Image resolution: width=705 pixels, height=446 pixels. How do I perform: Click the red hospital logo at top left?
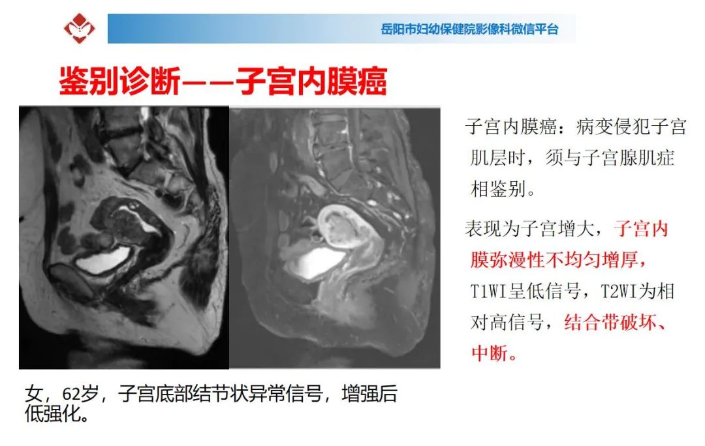click(80, 28)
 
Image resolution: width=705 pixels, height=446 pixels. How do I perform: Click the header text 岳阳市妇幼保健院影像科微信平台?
click(469, 29)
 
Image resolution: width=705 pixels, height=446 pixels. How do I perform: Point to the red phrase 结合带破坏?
click(610, 323)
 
